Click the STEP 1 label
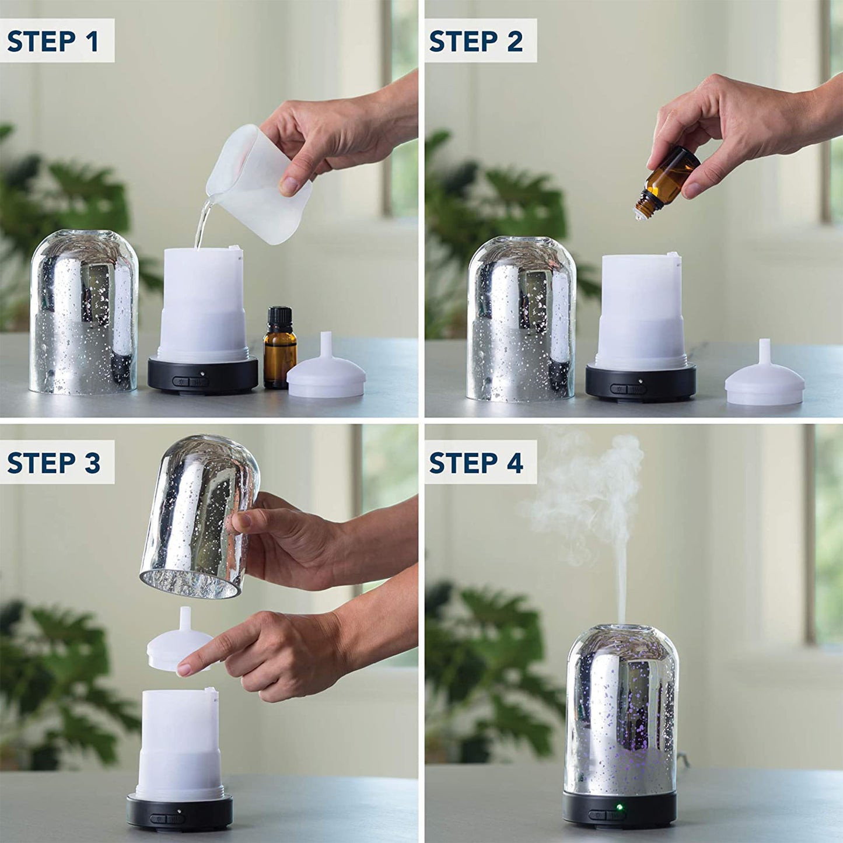click(x=53, y=41)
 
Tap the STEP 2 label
click(x=475, y=41)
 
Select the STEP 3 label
click(x=54, y=463)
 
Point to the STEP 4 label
click(x=476, y=463)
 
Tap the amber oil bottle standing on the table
click(x=280, y=356)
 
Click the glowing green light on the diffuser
click(x=619, y=808)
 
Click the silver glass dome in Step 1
click(x=84, y=312)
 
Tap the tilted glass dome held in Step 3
click(x=198, y=513)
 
